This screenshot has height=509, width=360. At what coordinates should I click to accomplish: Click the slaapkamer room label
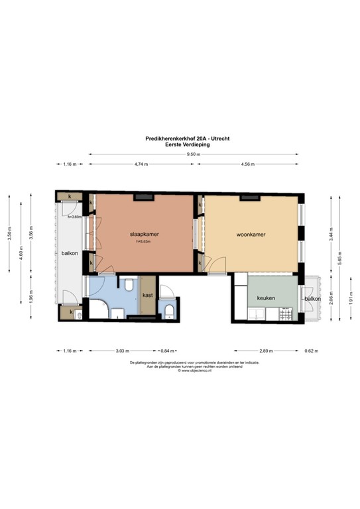point(143,235)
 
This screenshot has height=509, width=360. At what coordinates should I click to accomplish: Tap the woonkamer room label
point(251,235)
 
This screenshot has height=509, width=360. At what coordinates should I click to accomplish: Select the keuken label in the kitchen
point(266,298)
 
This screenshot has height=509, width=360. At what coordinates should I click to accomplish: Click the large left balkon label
point(70,253)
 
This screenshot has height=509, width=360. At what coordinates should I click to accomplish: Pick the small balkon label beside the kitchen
point(312,299)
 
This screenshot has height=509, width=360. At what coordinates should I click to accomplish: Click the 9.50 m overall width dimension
point(193,154)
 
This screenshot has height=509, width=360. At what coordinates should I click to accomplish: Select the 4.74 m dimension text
point(140,164)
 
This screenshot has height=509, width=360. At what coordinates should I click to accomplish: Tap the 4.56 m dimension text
point(249,164)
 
